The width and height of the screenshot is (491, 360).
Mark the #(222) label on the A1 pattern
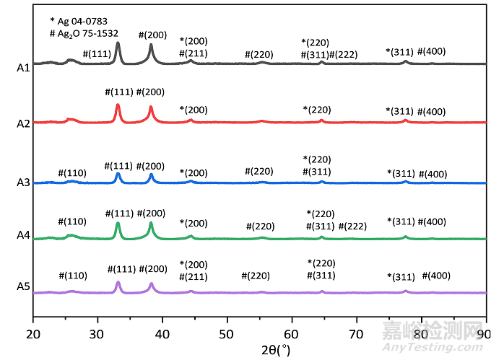(x=343, y=55)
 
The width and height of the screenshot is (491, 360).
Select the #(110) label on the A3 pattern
(x=72, y=172)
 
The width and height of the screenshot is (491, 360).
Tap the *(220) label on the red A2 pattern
(x=317, y=110)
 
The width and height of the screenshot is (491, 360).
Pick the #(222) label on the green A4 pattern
(x=352, y=227)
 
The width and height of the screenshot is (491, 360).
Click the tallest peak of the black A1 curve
(x=118, y=43)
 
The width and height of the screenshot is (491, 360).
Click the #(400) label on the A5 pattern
(x=436, y=276)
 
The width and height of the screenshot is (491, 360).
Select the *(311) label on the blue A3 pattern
(x=401, y=173)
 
